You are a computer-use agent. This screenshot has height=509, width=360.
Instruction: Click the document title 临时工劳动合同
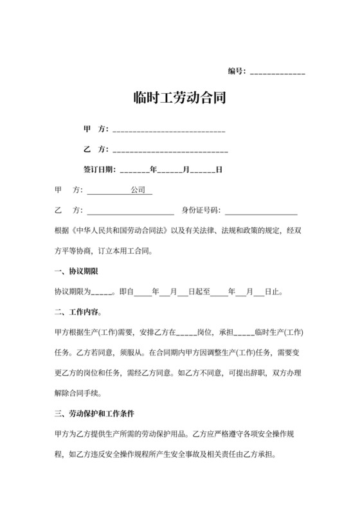tap(179, 99)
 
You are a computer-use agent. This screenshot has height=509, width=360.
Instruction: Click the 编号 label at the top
tap(236, 71)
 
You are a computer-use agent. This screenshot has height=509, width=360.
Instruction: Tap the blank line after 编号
tap(277, 72)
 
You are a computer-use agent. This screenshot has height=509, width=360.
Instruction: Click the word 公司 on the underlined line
tap(138, 191)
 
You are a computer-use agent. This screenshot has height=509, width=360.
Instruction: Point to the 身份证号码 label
tap(201, 210)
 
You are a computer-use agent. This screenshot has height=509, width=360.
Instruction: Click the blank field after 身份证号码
tap(261, 211)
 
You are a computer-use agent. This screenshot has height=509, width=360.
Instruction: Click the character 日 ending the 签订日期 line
tap(219, 170)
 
